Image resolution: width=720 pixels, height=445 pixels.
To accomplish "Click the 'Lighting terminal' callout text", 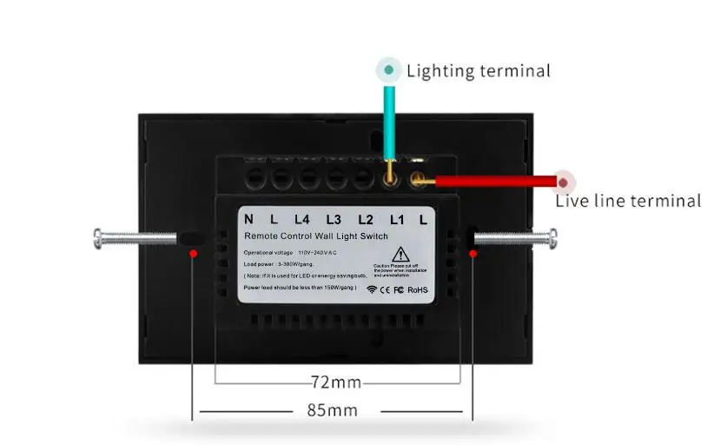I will (478, 71).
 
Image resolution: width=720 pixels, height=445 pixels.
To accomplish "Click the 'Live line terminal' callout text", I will (628, 202).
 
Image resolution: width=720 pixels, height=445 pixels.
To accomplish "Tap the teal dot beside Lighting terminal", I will (388, 70).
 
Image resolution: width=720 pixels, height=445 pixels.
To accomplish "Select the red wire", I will (495, 182).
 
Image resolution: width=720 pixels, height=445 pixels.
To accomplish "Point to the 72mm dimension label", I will (335, 382).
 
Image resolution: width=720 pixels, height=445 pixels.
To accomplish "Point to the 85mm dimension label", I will (332, 410).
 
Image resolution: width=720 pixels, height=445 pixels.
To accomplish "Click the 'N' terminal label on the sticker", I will (248, 220).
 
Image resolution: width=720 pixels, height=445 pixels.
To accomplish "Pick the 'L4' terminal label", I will (302, 220).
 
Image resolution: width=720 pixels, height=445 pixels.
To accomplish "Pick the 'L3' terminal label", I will (334, 220).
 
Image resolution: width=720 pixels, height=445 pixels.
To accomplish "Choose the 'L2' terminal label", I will (366, 220).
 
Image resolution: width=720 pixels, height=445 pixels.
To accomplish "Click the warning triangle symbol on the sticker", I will (400, 255).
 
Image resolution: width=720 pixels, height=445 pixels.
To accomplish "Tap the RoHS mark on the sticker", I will (417, 289).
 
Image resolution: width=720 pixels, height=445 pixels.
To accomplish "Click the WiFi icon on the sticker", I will (373, 289).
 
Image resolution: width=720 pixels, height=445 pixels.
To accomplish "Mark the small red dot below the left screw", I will (193, 253).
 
